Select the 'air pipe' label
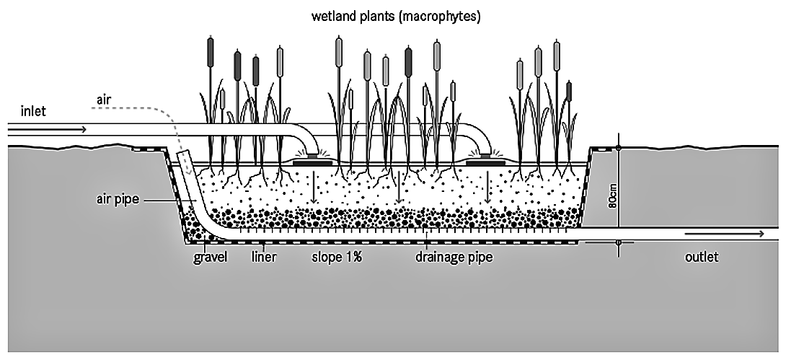[x=115, y=199]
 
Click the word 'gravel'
[x=211, y=257]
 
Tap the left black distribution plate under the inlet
[x=312, y=163]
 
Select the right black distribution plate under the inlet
[x=485, y=163]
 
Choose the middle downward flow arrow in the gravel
[x=399, y=190]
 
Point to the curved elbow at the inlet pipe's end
[x=309, y=139]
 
